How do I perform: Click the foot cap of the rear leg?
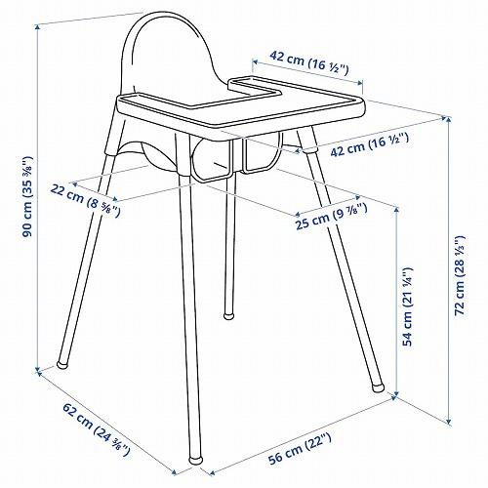[x=228, y=315]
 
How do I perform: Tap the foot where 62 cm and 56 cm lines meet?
[x=193, y=458]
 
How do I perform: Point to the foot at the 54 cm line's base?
[x=379, y=386]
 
